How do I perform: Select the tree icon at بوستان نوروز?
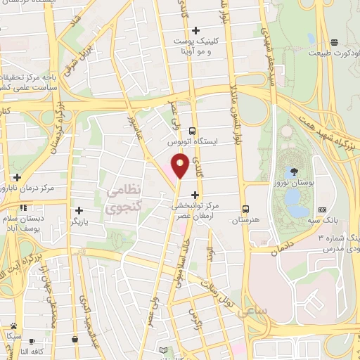pos(293,171)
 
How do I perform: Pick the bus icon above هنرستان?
pos(245,209)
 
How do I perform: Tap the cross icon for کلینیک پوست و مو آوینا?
pos(195,30)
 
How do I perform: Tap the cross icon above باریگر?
pos(79,210)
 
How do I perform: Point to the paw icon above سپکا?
pos(13,326)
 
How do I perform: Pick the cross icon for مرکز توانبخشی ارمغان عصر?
pos(195,195)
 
